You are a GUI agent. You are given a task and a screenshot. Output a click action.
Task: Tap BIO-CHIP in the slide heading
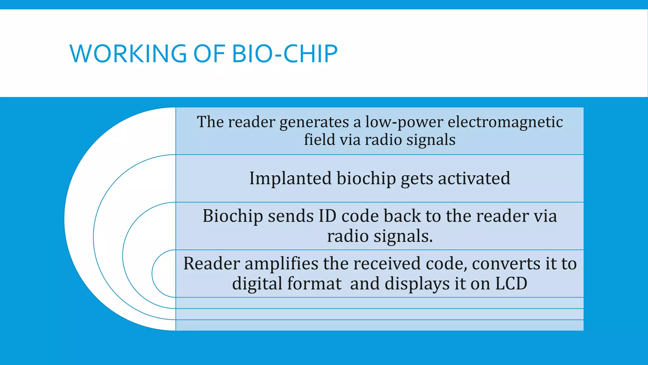(x=285, y=54)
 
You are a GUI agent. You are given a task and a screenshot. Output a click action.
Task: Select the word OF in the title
(x=209, y=54)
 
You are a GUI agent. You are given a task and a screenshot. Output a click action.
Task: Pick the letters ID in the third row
(x=327, y=216)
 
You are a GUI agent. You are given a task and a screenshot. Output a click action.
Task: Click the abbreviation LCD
(x=511, y=283)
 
